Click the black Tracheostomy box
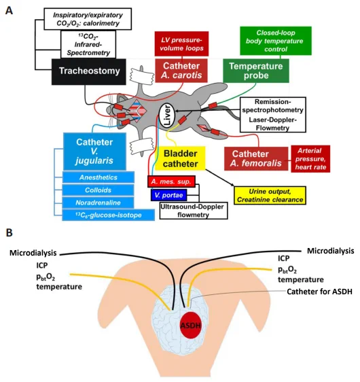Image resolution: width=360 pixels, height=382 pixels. pyautogui.click(x=89, y=71)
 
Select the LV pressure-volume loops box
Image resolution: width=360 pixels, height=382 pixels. pyautogui.click(x=181, y=44)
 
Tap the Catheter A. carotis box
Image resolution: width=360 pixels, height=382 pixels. pyautogui.click(x=181, y=71)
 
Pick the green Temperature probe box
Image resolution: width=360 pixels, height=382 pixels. pyautogui.click(x=256, y=71)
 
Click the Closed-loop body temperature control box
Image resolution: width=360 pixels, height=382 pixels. pyautogui.click(x=276, y=41)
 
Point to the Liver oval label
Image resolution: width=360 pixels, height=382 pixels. pyautogui.click(x=166, y=115)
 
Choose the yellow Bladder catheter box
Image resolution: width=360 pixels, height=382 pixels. pyautogui.click(x=180, y=158)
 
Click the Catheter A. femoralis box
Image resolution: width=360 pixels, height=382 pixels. pyautogui.click(x=256, y=158)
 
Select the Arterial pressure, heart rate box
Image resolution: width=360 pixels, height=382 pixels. pyautogui.click(x=310, y=159)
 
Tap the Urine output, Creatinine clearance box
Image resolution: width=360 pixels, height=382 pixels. pyautogui.click(x=270, y=195)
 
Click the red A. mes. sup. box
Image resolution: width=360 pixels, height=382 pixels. pyautogui.click(x=171, y=181)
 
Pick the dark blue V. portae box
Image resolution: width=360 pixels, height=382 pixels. pyautogui.click(x=168, y=195)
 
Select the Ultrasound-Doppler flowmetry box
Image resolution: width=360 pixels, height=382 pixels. pyautogui.click(x=194, y=211)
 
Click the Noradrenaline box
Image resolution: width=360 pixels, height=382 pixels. pyautogui.click(x=98, y=203)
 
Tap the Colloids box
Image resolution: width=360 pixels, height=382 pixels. pyautogui.click(x=98, y=190)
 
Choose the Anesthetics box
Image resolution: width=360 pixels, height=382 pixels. pyautogui.click(x=98, y=177)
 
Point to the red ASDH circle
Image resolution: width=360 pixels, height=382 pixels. pyautogui.click(x=191, y=325)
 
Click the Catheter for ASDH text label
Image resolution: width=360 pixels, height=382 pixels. pyautogui.click(x=320, y=292)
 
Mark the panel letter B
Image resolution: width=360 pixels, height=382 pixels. pyautogui.click(x=9, y=233)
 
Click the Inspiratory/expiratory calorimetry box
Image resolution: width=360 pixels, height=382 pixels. pyautogui.click(x=88, y=19)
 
